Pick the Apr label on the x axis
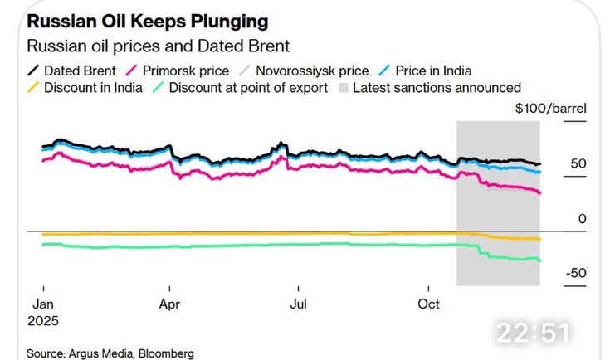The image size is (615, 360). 169,304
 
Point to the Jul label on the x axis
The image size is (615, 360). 297,304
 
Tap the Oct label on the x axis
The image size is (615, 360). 428,304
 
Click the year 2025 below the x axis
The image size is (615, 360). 44,319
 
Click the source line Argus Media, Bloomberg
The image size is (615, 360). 110,353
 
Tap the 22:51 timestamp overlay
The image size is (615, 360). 534,333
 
